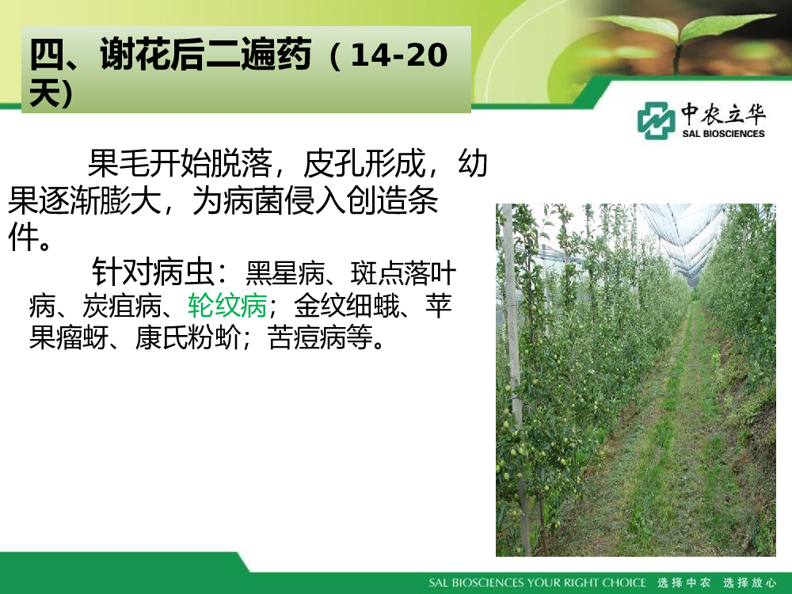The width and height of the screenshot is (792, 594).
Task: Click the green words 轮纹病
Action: tap(227, 305)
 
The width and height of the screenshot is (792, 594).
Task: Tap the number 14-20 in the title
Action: tap(398, 55)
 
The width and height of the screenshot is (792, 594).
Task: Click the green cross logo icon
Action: tap(656, 120)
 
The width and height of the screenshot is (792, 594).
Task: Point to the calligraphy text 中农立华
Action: tap(723, 113)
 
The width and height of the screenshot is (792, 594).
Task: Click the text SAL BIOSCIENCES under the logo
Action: tap(723, 134)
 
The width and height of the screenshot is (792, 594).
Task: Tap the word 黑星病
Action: tap(285, 274)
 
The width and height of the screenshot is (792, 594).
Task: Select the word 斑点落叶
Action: tap(403, 274)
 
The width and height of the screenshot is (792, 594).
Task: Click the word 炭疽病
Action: tap(122, 305)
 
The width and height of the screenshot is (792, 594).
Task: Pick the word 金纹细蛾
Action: tap(347, 305)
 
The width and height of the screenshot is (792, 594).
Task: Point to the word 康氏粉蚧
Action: tap(188, 337)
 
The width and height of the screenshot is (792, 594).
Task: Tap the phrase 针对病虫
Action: tap(153, 272)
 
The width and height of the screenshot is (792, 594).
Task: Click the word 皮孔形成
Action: tap(364, 163)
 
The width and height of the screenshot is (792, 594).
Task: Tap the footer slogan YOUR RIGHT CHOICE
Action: tap(587, 582)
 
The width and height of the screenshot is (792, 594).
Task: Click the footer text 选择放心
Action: tap(749, 582)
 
